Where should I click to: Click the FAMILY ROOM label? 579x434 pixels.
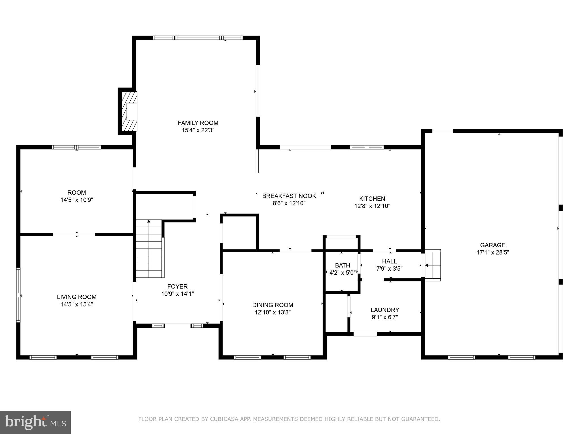198,123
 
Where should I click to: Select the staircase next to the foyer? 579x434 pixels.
149,249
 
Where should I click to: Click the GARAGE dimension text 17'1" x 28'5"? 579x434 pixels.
492,253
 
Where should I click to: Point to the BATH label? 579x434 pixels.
342,265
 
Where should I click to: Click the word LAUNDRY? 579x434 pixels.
384,310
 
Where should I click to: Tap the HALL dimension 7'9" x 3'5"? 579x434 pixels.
389,269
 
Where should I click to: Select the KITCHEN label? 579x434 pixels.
372,199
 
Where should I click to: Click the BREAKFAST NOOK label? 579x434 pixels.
289,196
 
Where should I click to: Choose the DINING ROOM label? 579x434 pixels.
273,305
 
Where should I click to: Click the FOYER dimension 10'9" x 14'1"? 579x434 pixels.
177,294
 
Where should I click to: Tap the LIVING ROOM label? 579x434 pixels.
77,297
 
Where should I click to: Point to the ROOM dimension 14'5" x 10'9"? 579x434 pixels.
77,200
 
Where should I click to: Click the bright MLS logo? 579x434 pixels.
35,422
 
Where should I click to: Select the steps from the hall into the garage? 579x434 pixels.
433,265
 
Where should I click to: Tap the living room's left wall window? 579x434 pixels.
18,295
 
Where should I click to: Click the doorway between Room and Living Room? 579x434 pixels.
74,235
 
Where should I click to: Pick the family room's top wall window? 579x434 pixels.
198,38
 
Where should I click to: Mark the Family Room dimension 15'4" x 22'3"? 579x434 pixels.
198,130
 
